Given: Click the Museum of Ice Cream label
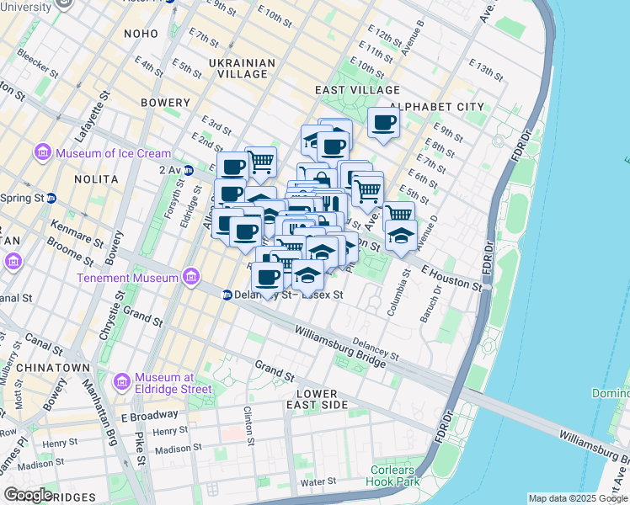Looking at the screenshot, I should click(113, 153).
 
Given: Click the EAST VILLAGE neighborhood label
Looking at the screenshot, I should click(357, 90).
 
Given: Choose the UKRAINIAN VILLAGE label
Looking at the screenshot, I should click(242, 68).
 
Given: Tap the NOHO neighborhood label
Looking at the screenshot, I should click(140, 34).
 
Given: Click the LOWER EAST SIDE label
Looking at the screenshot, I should click(317, 399).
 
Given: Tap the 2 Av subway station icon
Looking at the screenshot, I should click(189, 169).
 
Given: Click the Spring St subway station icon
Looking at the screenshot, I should click(51, 199).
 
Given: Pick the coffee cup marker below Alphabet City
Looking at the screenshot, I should click(384, 123).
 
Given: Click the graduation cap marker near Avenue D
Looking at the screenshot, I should click(402, 235).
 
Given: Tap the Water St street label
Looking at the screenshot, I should click(318, 481).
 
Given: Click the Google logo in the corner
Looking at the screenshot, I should click(29, 495).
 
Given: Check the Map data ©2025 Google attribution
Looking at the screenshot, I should click(578, 498).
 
